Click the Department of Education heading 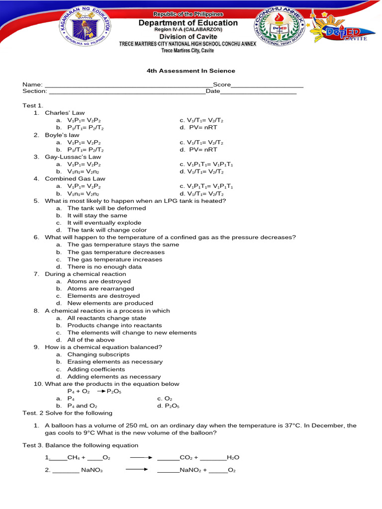(188, 23)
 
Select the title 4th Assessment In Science (191, 71)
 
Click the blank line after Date (258, 92)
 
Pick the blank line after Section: (126, 92)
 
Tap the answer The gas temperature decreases (115, 253)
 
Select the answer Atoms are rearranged (100, 289)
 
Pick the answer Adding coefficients (96, 370)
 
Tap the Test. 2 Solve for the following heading (68, 413)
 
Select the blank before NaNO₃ (66, 470)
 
